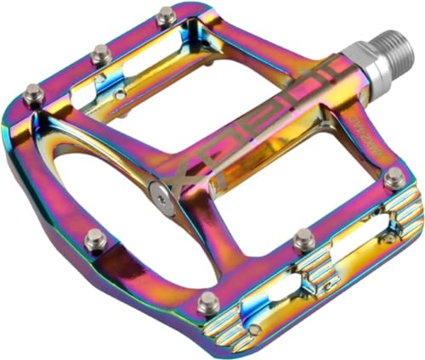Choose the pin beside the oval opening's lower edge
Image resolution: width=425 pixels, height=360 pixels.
[93, 239]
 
